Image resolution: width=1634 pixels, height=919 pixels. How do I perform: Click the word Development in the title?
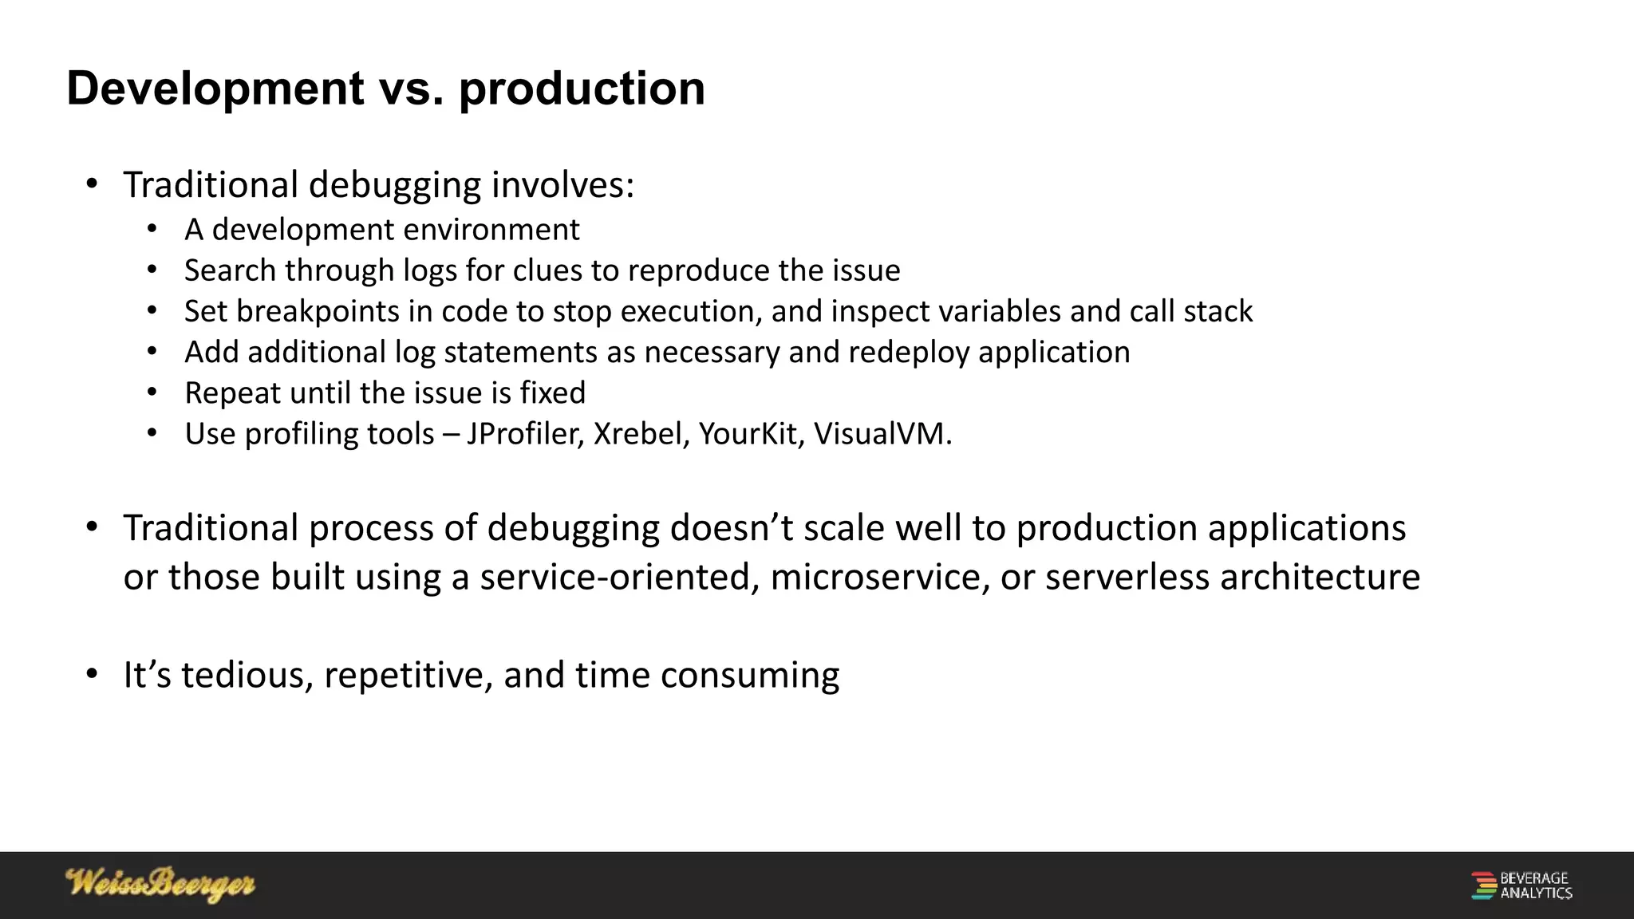click(215, 89)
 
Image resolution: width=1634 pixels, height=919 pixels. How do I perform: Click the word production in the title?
click(582, 89)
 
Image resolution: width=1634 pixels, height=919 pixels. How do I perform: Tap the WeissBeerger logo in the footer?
click(160, 884)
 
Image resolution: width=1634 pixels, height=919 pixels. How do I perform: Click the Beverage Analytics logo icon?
click(1483, 885)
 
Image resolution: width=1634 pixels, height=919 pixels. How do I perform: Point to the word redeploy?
click(909, 353)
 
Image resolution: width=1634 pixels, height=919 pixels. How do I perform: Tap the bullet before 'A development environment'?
click(152, 230)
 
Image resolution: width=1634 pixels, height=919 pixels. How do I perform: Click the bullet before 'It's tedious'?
click(92, 675)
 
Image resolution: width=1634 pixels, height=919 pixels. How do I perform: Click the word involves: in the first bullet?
click(562, 185)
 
